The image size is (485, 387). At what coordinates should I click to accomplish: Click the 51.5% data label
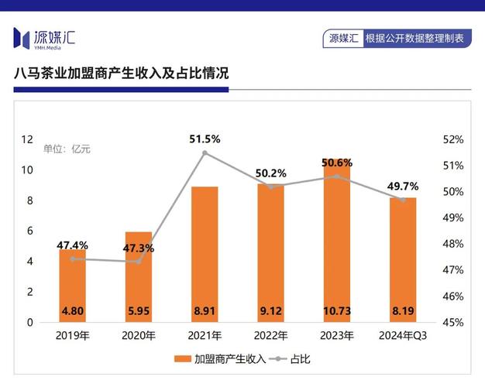205,139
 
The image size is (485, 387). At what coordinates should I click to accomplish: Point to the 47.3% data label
138,248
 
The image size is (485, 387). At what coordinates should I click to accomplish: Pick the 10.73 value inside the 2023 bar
337,312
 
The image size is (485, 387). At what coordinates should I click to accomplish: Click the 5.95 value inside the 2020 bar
138,312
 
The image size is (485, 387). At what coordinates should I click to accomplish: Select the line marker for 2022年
271,187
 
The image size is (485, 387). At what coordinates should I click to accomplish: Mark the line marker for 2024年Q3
403,200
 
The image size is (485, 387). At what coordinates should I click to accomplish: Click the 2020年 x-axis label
139,336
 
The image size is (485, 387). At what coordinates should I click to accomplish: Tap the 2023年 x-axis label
337,336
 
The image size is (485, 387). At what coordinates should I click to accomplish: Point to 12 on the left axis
27,140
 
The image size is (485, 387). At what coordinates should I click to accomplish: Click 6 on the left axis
30,231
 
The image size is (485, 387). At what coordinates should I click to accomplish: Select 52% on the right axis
453,140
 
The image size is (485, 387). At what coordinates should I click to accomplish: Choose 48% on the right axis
453,244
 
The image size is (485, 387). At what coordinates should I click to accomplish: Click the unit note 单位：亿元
67,149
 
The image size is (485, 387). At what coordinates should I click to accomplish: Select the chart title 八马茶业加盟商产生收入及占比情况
122,74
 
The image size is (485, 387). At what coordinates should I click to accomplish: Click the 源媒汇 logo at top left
44,37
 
